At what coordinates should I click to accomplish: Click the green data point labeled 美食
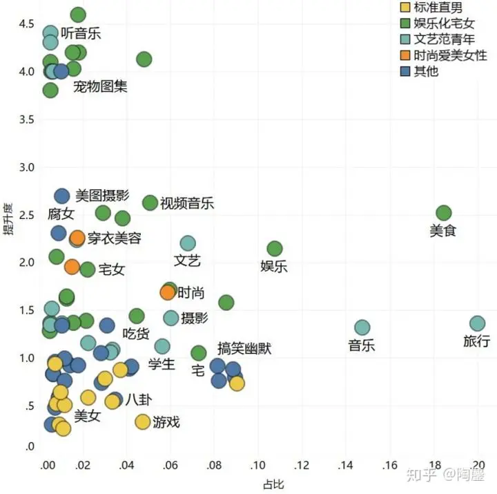[444, 213]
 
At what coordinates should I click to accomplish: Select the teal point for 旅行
[478, 323]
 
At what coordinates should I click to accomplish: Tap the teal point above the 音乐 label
[362, 327]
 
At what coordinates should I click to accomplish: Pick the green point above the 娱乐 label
[275, 249]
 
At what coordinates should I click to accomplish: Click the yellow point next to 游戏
[143, 421]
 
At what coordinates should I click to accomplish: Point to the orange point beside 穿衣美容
[77, 238]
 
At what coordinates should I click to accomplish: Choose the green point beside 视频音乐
[150, 202]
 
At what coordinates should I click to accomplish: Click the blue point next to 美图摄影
[62, 196]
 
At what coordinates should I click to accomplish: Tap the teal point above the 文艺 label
[188, 243]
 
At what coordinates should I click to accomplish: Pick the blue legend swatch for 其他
[406, 70]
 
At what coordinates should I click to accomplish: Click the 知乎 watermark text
[419, 475]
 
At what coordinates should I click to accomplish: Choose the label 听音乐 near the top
[81, 33]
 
